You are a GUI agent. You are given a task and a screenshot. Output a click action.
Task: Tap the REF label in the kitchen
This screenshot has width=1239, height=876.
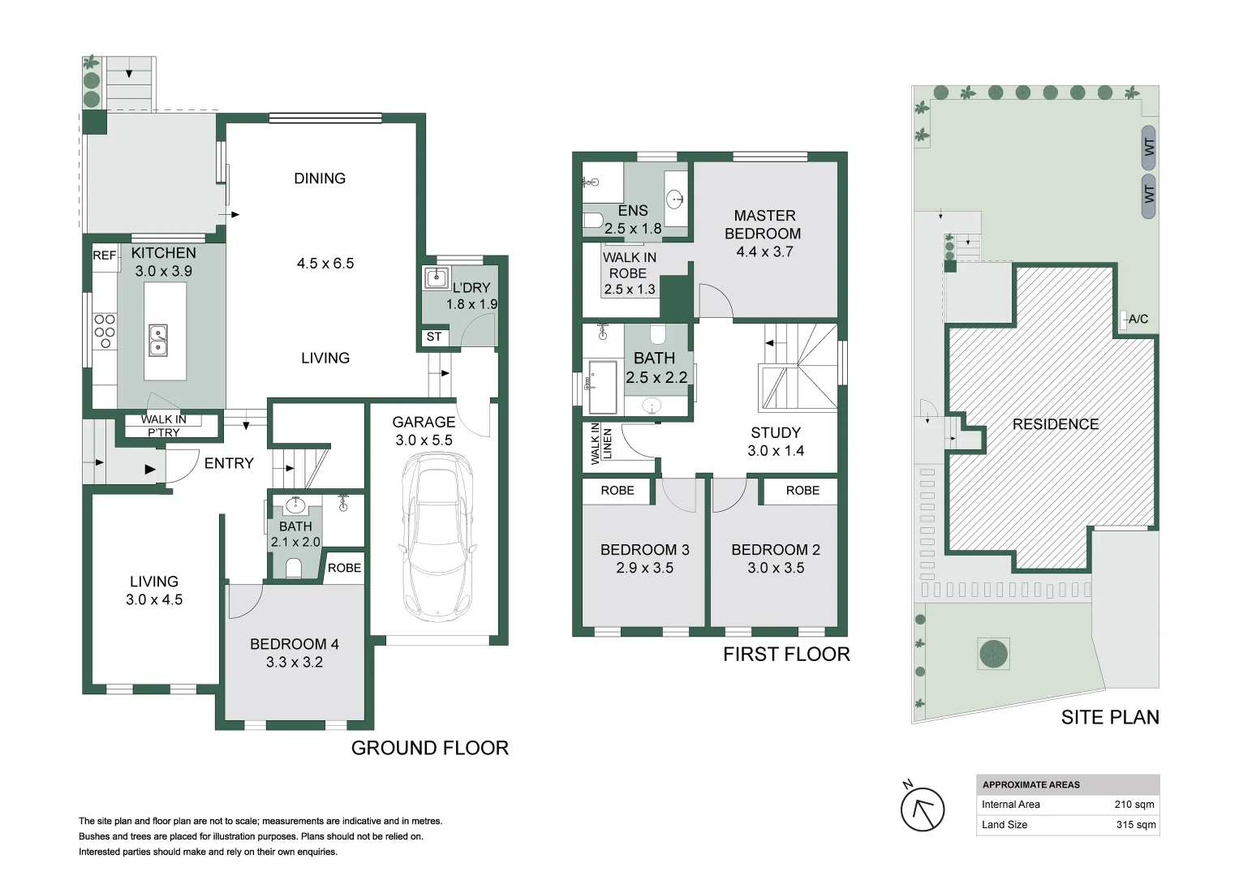pos(105,255)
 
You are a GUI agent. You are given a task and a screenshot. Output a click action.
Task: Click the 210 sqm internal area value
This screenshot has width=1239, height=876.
pos(1134,805)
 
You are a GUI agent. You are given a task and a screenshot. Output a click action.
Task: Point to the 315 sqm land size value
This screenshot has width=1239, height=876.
pos(1136,825)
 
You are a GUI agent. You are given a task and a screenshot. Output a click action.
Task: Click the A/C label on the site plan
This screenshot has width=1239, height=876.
pos(1138,319)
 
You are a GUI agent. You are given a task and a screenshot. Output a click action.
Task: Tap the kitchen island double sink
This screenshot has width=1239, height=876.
pos(158,340)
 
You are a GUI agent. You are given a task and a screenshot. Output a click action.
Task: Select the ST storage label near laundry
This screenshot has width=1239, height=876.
pos(434,337)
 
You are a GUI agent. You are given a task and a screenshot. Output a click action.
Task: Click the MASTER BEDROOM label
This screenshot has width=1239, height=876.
pos(764,225)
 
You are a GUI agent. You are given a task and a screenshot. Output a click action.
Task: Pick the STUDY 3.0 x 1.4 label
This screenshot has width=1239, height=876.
pos(776,441)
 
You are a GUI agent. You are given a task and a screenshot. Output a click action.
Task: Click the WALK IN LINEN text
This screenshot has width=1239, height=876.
pos(601,444)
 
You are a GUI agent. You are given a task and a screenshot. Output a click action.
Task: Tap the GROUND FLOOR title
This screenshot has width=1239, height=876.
pos(430,748)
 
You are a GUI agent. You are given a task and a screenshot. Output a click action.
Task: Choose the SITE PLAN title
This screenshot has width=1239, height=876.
pos(1109,717)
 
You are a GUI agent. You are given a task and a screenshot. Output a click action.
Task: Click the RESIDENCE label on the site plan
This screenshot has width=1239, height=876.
pos(1056,424)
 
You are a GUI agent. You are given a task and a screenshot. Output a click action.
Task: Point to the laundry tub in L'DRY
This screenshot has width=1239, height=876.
pos(437,277)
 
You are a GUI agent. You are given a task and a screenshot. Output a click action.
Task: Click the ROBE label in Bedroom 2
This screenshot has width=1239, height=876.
pos(802,491)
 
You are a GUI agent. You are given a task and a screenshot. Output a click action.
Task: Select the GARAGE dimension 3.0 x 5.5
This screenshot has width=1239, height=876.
pos(424,440)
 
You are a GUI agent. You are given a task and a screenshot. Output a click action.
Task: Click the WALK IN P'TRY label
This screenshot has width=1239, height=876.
pos(164,426)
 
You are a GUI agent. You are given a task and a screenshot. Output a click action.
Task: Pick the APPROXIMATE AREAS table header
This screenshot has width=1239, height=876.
pos(1031,785)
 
